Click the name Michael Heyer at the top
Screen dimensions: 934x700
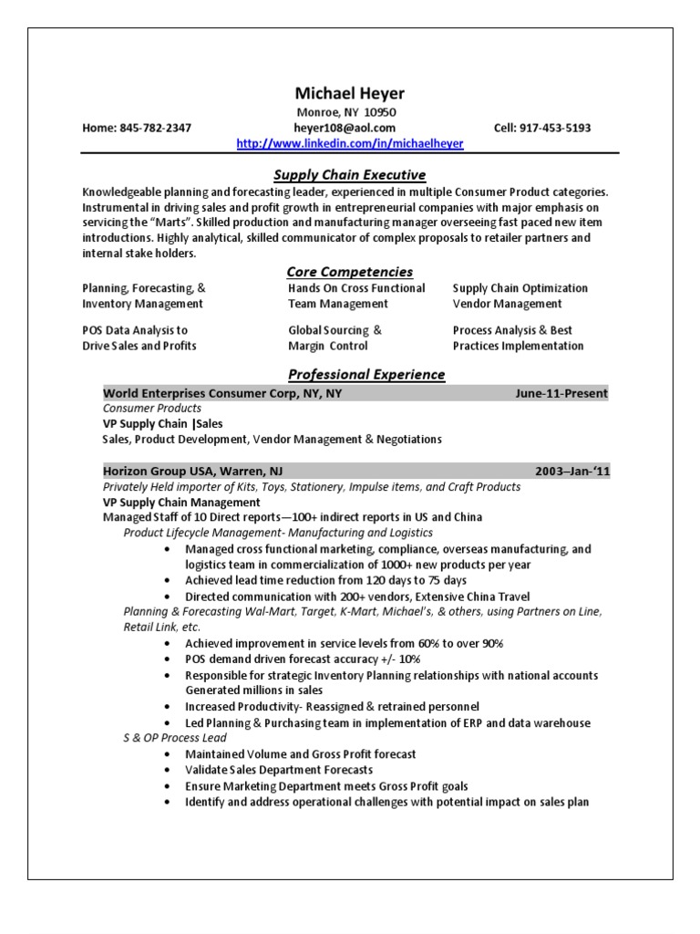point(350,94)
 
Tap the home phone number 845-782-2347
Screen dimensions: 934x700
point(155,129)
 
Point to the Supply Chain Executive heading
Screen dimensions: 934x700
point(350,174)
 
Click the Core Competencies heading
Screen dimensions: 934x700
point(350,271)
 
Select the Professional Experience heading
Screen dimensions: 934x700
point(366,374)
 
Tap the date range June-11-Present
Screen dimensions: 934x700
point(561,393)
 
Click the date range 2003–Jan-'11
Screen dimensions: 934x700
point(571,471)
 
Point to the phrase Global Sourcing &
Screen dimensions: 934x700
point(335,330)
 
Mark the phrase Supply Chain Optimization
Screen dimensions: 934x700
point(520,288)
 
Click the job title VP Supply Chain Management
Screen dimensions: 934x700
point(181,502)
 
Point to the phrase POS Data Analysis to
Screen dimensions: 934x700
point(135,330)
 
